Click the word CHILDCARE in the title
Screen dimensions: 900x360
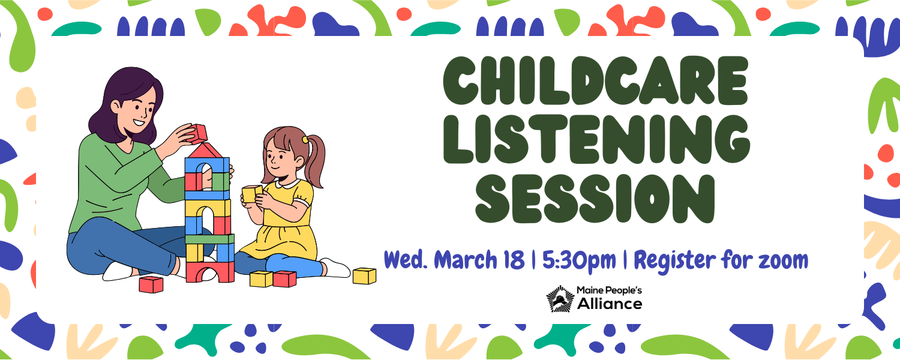[595, 80]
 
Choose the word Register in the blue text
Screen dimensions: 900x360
[675, 261]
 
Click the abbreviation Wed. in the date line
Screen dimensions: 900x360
[406, 260]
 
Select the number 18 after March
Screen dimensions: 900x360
[514, 260]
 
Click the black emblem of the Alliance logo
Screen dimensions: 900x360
[560, 299]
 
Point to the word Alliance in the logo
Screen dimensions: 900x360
[610, 304]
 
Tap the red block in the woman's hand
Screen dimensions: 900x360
[197, 133]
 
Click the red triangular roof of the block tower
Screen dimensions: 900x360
[205, 150]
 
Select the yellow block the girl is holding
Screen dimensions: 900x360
[252, 194]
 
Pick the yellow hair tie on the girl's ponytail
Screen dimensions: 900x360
[306, 139]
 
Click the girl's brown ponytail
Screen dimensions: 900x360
[314, 161]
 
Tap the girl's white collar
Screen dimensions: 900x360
[288, 184]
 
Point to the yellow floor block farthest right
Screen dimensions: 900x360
[364, 276]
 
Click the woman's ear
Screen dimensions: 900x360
[115, 106]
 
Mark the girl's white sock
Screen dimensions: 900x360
[336, 268]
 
